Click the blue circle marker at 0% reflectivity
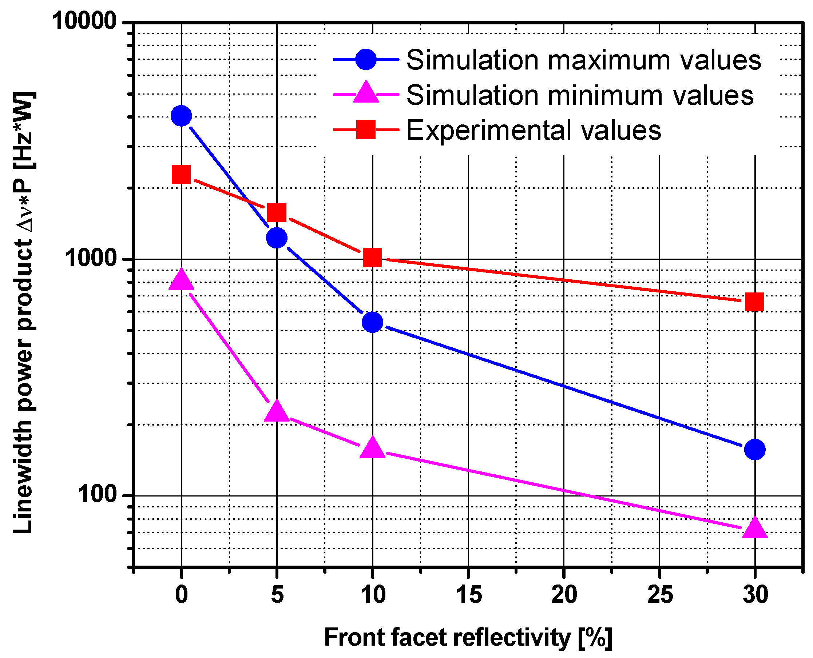(181, 116)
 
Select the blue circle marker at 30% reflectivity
(755, 450)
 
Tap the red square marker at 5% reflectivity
(277, 212)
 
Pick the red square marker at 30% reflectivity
(755, 302)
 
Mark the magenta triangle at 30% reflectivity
(755, 529)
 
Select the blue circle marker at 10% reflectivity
(372, 322)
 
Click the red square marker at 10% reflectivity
(372, 258)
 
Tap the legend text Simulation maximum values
(584, 60)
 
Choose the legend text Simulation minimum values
(580, 95)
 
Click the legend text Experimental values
(534, 130)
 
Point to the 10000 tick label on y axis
(84, 21)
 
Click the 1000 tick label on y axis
(90, 258)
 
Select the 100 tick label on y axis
(97, 495)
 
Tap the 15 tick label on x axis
(469, 594)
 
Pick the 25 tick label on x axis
(660, 594)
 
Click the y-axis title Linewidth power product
(24, 313)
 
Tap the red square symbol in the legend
(365, 130)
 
